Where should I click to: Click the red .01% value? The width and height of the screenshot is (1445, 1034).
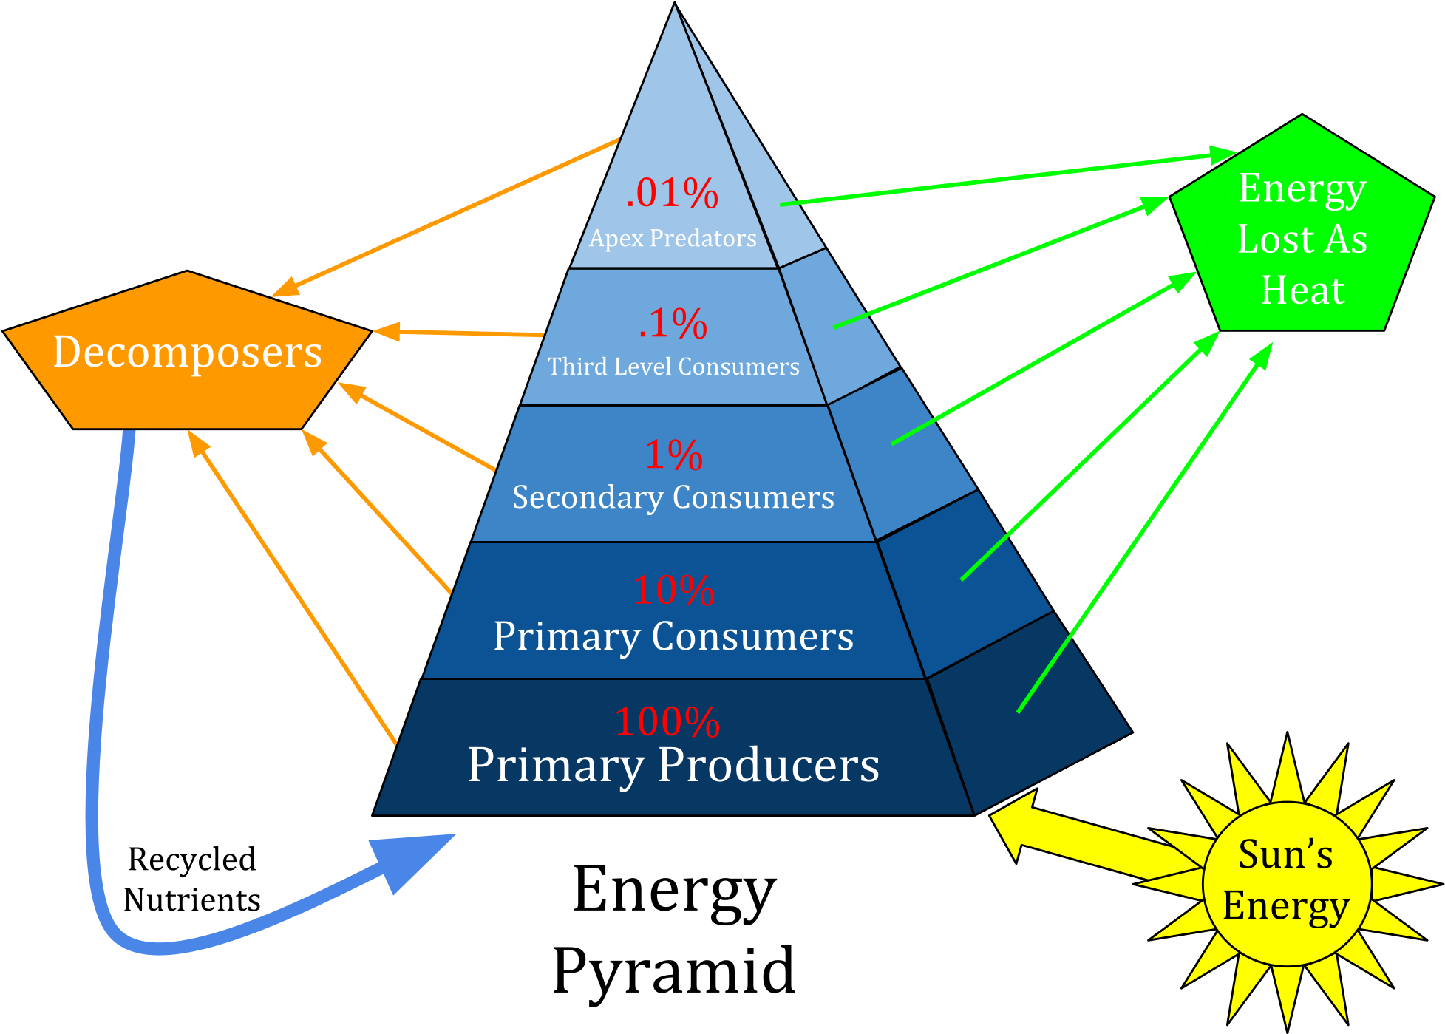(x=672, y=194)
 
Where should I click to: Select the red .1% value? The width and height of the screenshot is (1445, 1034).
(x=673, y=324)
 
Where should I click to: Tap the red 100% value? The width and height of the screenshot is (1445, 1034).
(x=667, y=722)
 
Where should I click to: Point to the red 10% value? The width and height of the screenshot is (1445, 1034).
(x=673, y=591)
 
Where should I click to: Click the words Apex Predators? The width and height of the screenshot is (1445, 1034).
(x=673, y=238)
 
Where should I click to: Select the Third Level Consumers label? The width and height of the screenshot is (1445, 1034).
(x=673, y=367)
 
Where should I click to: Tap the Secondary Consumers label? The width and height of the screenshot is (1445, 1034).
(x=673, y=497)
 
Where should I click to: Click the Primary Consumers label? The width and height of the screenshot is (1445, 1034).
(x=673, y=636)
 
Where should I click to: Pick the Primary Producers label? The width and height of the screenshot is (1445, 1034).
(x=673, y=765)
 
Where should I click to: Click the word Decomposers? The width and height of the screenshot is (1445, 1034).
(x=188, y=352)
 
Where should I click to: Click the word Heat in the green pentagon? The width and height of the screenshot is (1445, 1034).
(x=1302, y=290)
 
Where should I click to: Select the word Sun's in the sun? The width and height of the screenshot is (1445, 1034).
(x=1285, y=854)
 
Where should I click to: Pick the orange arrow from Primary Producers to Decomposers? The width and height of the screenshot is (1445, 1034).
(x=296, y=591)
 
